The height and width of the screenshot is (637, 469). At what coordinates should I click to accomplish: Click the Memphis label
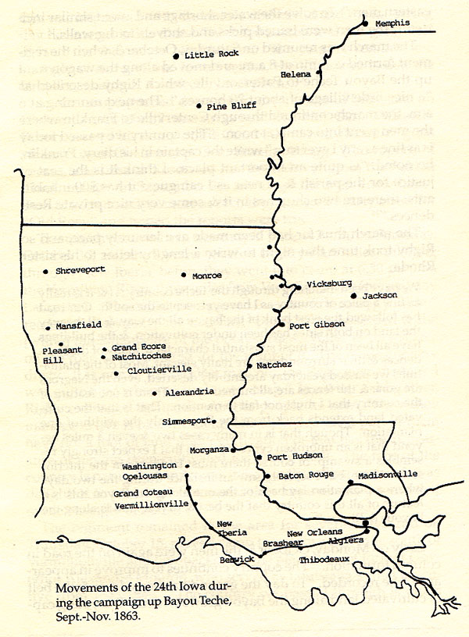[396, 23]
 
